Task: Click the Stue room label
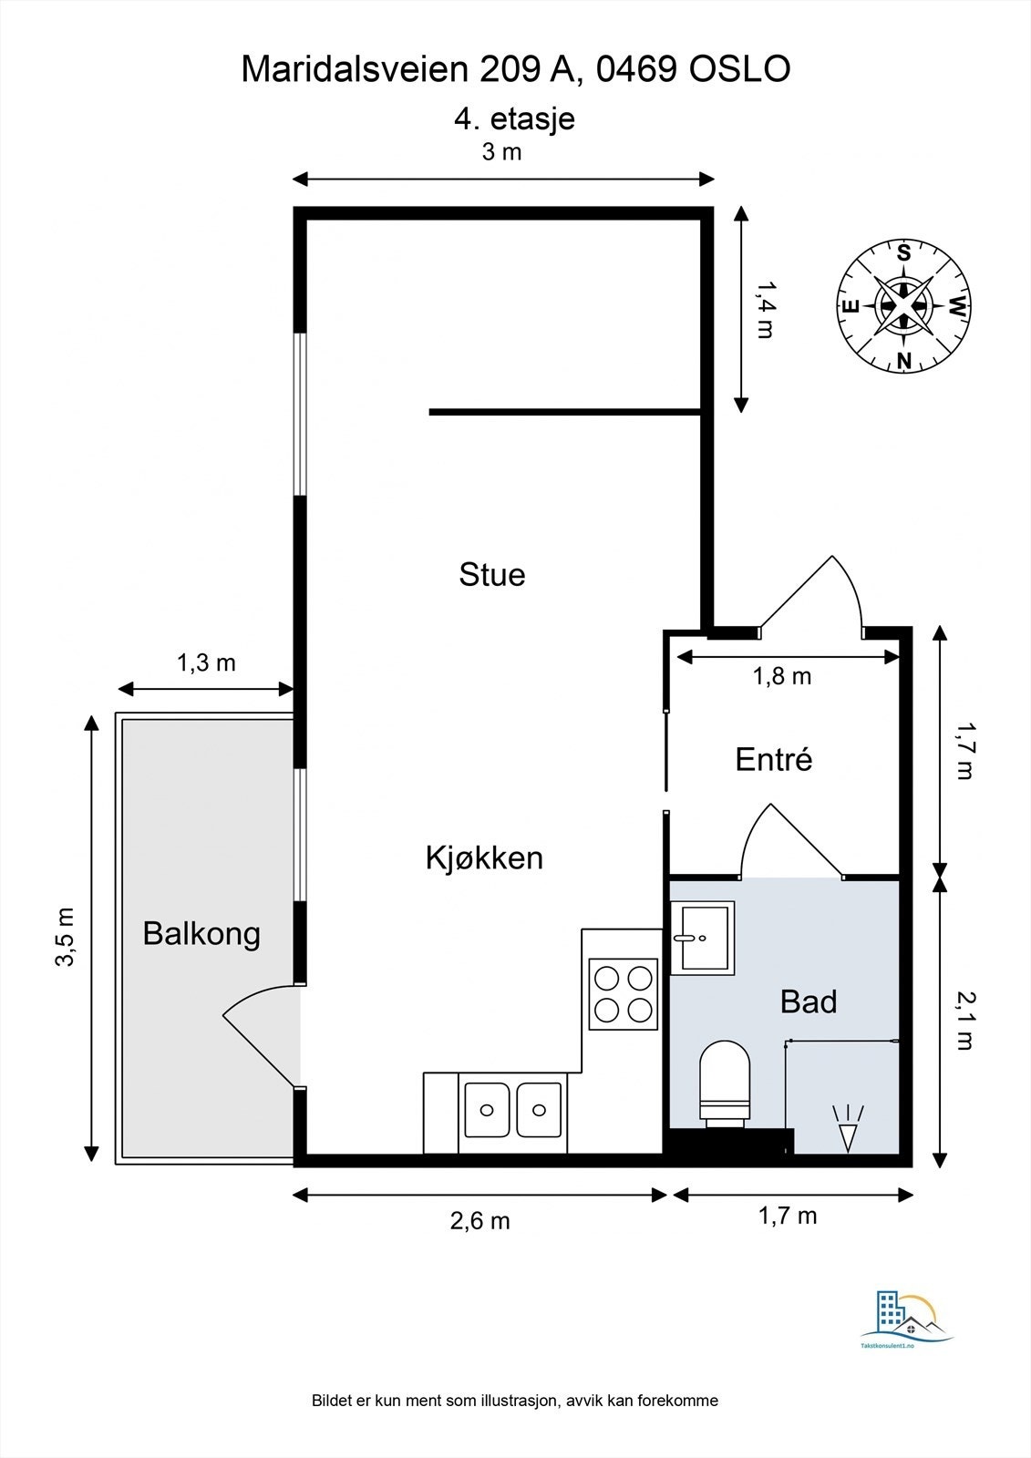point(491,575)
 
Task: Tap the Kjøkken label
point(484,857)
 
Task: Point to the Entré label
point(774,759)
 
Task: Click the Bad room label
point(809,1001)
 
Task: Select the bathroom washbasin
point(702,938)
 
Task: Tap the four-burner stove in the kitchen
point(624,993)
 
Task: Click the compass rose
point(903,305)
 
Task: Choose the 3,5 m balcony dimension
point(65,938)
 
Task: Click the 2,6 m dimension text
point(480,1221)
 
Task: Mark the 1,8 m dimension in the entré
point(782,677)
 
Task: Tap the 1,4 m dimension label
point(766,309)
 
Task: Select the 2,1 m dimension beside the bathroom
point(964,1020)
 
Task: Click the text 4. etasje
point(514,119)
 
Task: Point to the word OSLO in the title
point(740,69)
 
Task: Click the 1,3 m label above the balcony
point(206,662)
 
